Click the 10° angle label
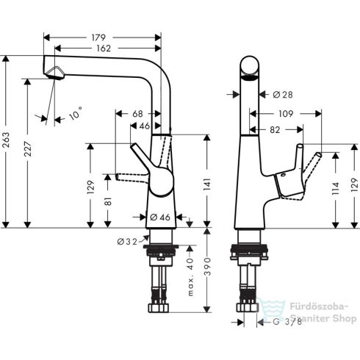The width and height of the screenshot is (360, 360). coord(76,115)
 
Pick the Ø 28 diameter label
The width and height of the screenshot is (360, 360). coord(283,95)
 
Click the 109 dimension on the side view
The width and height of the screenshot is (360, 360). coord(286,113)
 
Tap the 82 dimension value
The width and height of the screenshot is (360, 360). coord(275,129)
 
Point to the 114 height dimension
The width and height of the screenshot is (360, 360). coord(336,189)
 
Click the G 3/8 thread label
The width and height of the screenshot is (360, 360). coord(284,321)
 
